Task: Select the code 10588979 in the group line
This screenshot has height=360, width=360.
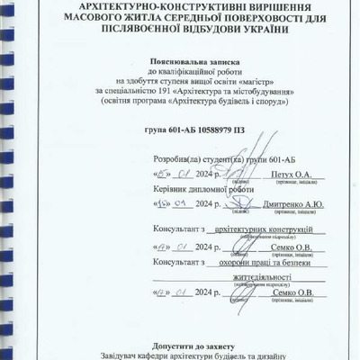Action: pos(188,128)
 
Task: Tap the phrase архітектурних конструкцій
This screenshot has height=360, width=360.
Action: pos(262,230)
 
